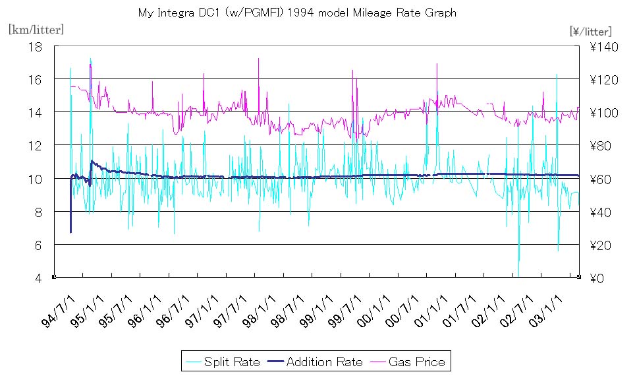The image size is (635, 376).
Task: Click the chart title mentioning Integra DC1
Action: click(297, 13)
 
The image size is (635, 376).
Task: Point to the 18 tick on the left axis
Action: click(35, 46)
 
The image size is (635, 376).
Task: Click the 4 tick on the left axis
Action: click(38, 278)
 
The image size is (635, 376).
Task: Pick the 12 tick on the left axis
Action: click(35, 145)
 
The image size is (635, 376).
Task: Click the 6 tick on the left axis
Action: click(38, 245)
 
